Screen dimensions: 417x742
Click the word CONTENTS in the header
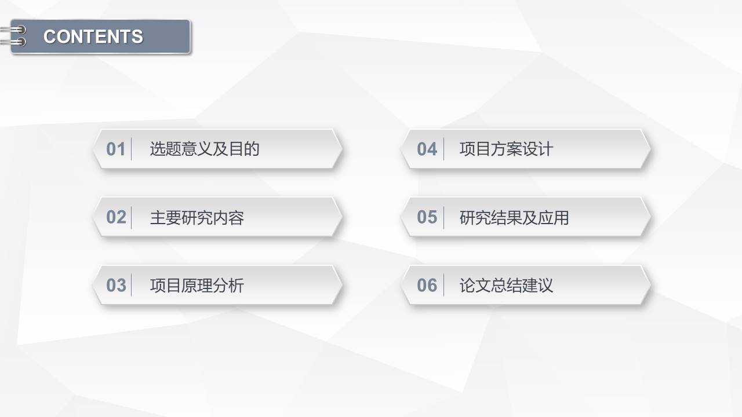click(x=93, y=36)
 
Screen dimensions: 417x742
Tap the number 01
click(x=116, y=149)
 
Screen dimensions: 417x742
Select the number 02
click(x=116, y=217)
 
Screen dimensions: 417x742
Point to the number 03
click(x=116, y=285)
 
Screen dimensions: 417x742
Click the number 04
click(x=427, y=149)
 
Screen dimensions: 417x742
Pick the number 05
click(x=427, y=217)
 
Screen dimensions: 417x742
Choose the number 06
click(x=427, y=285)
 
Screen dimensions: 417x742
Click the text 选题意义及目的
click(x=204, y=149)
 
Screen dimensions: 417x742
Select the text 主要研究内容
click(x=197, y=217)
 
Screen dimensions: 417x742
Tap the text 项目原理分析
click(x=197, y=285)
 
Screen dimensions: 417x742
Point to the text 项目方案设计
click(x=506, y=149)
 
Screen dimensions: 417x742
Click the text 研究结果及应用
click(x=514, y=217)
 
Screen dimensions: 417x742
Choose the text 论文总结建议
click(x=506, y=285)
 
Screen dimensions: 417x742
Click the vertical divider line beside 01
click(x=132, y=149)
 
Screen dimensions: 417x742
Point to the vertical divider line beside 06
click(x=444, y=285)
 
